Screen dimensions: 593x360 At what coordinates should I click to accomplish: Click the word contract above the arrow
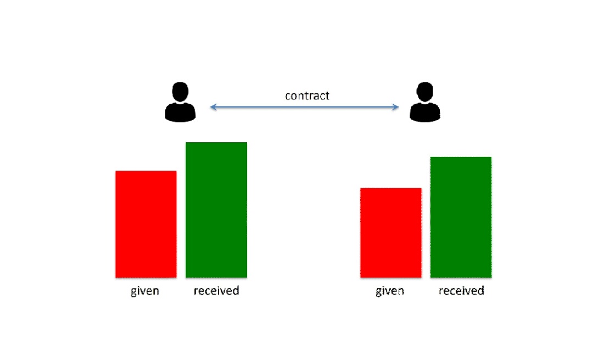coord(307,95)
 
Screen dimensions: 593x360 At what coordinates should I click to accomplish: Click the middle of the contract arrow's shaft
coord(304,107)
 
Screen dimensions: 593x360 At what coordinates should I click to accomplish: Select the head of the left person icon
coord(181,92)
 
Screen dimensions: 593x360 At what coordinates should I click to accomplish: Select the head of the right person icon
coord(424,92)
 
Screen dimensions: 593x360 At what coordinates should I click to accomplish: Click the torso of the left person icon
coord(181,112)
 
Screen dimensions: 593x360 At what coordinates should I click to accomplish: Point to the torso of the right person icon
coord(424,112)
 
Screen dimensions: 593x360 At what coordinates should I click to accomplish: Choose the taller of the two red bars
coord(146,224)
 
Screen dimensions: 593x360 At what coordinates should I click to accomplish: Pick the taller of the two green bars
coord(216,210)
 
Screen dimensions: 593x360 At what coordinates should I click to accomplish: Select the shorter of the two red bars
coord(391,233)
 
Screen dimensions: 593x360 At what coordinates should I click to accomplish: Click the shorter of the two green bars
coord(461,217)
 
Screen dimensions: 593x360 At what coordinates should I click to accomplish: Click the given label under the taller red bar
coord(145,291)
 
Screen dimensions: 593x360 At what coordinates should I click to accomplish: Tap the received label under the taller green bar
coord(216,290)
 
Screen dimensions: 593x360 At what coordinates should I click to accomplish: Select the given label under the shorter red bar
coord(390,291)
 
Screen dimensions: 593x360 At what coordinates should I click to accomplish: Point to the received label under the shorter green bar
coord(461,290)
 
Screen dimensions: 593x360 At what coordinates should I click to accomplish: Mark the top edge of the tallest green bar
coord(216,143)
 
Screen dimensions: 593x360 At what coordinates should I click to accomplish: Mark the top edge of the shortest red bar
coord(391,188)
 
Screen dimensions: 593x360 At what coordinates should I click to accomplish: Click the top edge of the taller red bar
coord(146,171)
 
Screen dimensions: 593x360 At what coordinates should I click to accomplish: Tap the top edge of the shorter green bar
coord(461,157)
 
